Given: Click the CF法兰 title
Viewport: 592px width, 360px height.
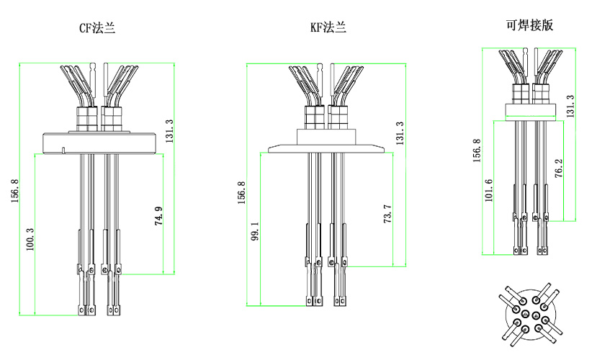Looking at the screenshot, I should coord(97,29).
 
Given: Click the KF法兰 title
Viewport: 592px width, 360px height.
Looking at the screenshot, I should coord(328,28).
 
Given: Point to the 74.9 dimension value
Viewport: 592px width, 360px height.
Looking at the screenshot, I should coord(158,217).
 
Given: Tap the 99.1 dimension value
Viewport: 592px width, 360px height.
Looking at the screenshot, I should coord(256,233).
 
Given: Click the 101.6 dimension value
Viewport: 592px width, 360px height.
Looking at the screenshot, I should coord(489,191).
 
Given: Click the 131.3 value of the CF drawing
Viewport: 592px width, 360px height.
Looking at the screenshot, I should coord(169,131).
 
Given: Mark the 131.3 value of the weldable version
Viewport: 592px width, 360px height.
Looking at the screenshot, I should coord(570,107).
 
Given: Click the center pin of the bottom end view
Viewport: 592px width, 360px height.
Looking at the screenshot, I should coord(532,314).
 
